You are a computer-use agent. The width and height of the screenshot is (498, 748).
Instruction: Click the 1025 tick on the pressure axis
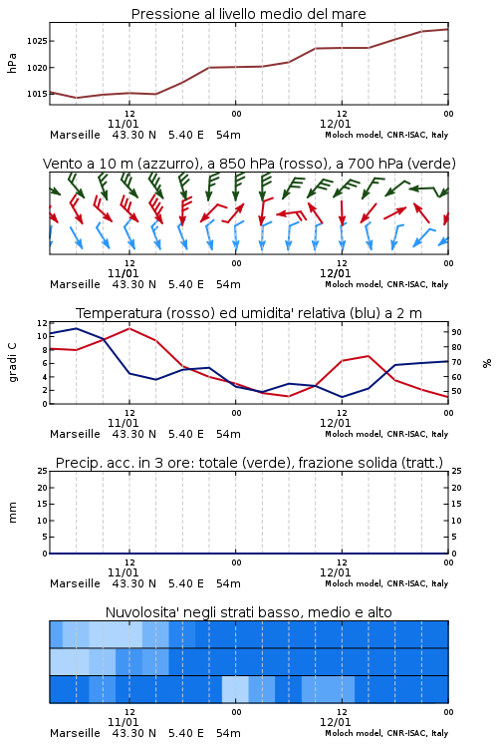[37, 41]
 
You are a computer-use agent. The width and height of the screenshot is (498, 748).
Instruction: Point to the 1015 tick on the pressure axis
[37, 94]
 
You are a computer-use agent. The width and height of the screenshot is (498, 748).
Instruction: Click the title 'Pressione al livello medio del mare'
[249, 14]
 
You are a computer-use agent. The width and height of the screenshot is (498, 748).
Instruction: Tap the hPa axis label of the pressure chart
[12, 63]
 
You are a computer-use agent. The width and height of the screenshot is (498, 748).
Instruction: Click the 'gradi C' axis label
[13, 363]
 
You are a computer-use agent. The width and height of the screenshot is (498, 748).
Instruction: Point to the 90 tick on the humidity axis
[456, 332]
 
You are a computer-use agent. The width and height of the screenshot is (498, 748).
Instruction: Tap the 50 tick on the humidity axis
[456, 391]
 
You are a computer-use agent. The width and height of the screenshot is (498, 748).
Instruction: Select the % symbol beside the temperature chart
[487, 363]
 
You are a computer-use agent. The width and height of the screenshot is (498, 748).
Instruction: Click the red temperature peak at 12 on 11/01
[129, 329]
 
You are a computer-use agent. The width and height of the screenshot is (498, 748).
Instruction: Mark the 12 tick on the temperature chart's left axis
[43, 323]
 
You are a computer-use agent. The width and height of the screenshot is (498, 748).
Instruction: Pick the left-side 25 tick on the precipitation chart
[43, 472]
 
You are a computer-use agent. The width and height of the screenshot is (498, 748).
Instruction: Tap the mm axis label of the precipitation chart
[12, 513]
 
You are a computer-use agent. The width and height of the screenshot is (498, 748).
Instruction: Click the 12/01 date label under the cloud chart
[335, 722]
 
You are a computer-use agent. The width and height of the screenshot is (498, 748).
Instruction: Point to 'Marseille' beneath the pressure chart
[76, 135]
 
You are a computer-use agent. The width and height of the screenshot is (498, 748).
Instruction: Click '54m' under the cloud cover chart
[228, 733]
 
